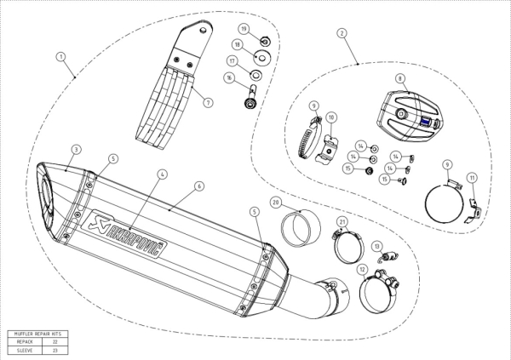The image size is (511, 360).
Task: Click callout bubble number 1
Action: [x=60, y=56]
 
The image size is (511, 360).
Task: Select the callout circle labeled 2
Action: [x=342, y=33]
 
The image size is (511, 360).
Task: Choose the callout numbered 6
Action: [x=198, y=185]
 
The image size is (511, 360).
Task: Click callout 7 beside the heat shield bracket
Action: [x=207, y=102]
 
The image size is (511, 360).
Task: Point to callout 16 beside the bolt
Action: [x=229, y=77]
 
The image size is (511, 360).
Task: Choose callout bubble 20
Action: [x=276, y=202]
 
